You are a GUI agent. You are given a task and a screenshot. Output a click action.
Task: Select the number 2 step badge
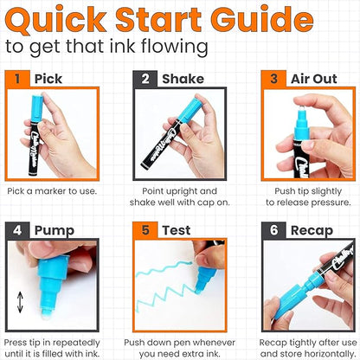click(x=144, y=79)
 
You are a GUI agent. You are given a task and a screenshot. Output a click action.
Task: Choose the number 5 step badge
click(x=144, y=232)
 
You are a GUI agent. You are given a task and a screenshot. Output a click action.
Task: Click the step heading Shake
click(x=181, y=79)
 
